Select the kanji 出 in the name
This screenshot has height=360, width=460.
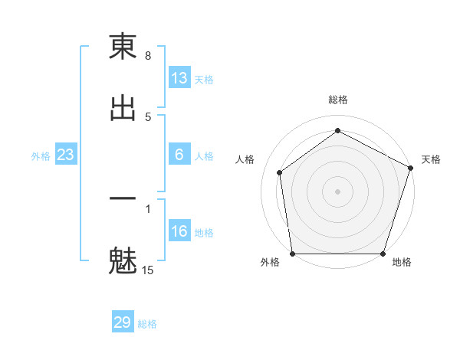click(x=123, y=108)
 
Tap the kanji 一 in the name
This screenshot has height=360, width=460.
click(x=123, y=198)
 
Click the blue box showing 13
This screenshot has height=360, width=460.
click(x=179, y=78)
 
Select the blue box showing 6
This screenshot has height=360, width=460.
click(x=179, y=155)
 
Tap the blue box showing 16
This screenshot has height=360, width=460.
click(x=179, y=231)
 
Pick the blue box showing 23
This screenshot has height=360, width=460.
click(x=66, y=155)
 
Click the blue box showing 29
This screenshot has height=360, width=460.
click(x=123, y=322)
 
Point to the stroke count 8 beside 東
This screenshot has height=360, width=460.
click(x=148, y=56)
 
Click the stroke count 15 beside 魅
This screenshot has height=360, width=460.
click(x=148, y=270)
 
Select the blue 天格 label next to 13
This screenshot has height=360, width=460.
click(x=204, y=80)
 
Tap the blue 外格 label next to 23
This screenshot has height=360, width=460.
click(x=41, y=156)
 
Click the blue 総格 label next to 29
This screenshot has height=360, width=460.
click(x=147, y=324)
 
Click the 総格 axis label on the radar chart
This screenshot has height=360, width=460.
click(x=338, y=100)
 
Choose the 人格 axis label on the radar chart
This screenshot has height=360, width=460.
click(x=245, y=159)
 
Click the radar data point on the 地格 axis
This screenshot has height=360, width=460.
click(x=383, y=254)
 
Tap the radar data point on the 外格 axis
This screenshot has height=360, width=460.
click(x=293, y=254)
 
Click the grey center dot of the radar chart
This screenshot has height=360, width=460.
click(x=338, y=191)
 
